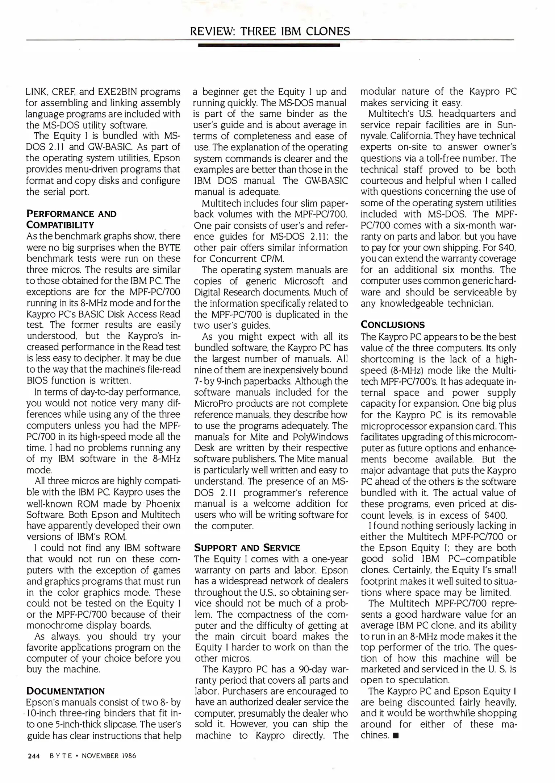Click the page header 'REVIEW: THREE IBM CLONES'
point(270,32)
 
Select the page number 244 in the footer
point(33,756)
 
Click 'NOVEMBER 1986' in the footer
point(109,756)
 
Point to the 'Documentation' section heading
point(66,691)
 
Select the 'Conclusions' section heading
point(392,324)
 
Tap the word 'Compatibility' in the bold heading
point(60,225)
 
